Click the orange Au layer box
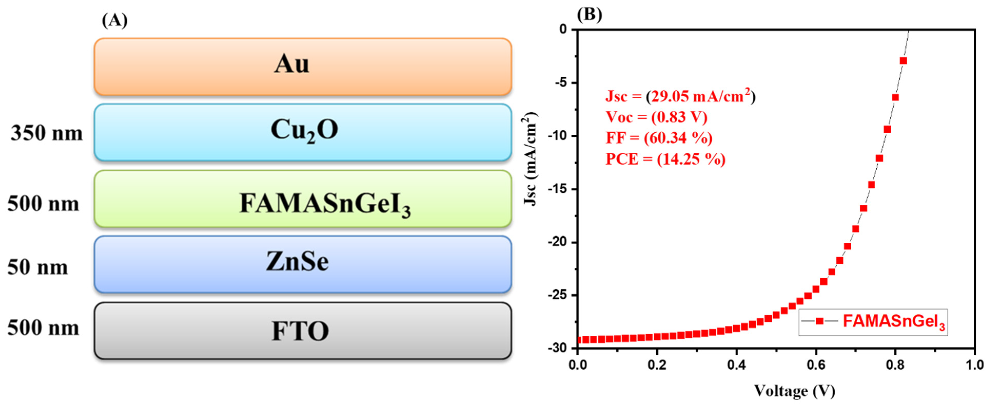tap(303, 66)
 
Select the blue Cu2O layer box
tap(303, 132)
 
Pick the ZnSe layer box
tap(303, 264)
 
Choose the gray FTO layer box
tap(303, 331)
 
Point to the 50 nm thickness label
tap(38, 267)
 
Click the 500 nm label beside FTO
tap(43, 328)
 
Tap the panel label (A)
tap(114, 20)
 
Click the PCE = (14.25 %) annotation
tap(665, 159)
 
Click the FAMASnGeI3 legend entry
tap(873, 322)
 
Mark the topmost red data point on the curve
tap(903, 61)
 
